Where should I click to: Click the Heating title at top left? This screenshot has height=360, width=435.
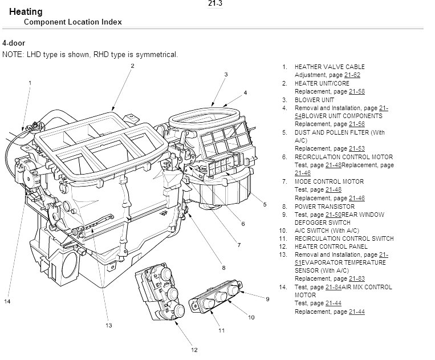pos(25,12)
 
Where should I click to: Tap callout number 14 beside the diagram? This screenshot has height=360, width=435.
pos(8,301)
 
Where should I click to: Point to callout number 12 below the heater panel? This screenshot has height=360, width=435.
pos(194,350)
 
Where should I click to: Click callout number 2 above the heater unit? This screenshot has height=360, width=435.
pos(132,66)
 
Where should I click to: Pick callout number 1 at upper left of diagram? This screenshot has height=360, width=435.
pos(30,83)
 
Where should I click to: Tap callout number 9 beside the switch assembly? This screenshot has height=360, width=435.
pos(267,299)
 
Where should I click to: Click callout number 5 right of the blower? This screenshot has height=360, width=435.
pos(265,205)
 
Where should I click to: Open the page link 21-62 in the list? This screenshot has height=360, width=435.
pos(352,75)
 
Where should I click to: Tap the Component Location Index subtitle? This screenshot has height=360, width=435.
pos(72,22)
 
